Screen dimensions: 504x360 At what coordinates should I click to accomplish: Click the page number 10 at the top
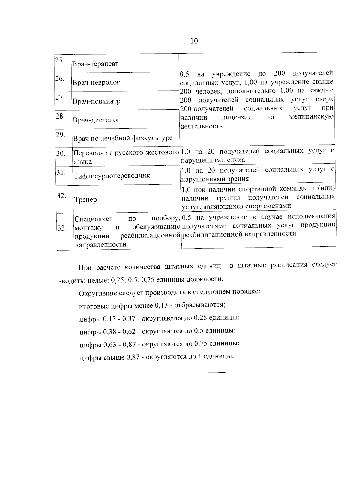[x=194, y=41]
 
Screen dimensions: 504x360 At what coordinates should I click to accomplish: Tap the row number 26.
[x=60, y=79]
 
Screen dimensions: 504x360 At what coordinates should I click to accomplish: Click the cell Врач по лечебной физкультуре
[x=123, y=138]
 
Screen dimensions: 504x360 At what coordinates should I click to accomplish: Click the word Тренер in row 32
[x=85, y=200]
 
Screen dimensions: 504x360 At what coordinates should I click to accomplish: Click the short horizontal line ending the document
[x=199, y=373]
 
